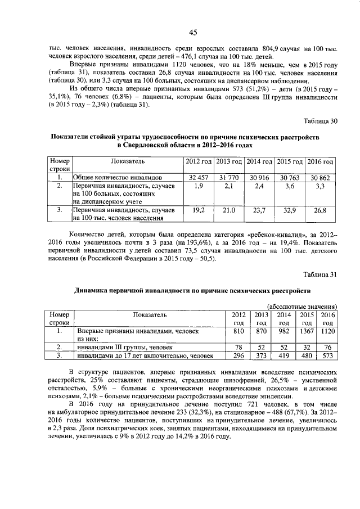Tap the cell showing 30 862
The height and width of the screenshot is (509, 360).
tap(321, 177)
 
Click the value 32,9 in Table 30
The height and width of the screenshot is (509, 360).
tap(290, 210)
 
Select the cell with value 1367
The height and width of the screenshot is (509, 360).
tap(307, 332)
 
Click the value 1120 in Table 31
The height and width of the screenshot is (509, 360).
tap(327, 332)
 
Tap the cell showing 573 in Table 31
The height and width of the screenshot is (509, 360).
tap(327, 355)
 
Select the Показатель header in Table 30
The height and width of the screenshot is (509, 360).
tap(128, 161)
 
